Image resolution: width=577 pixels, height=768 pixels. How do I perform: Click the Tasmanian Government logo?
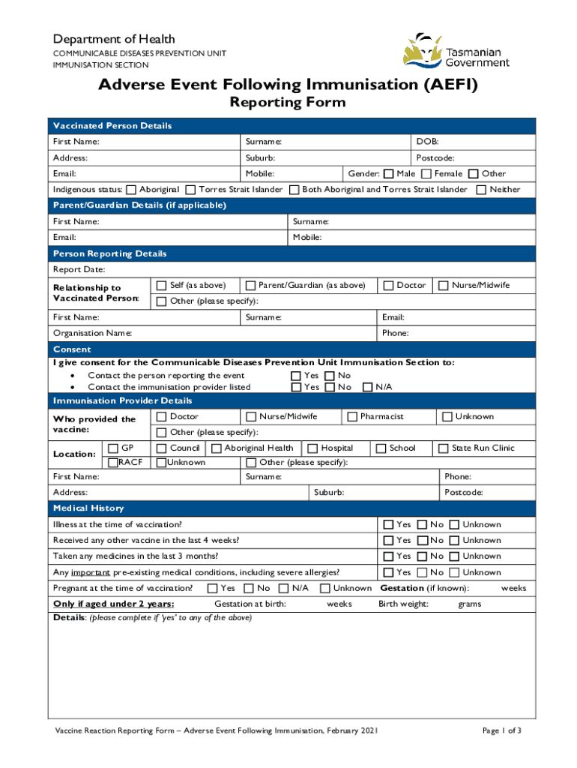(x=456, y=51)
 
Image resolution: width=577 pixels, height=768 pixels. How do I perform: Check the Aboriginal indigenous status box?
(x=132, y=190)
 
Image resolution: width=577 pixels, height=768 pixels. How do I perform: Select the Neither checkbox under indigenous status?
(x=481, y=190)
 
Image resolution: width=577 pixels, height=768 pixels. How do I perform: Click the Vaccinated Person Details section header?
(x=112, y=126)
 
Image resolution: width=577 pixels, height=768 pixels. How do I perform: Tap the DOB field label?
(x=428, y=142)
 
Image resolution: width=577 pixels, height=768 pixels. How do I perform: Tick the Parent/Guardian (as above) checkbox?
(x=250, y=285)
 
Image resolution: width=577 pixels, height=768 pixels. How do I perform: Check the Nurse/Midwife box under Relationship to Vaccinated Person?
(x=444, y=285)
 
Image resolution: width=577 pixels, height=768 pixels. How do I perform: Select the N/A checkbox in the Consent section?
(x=367, y=387)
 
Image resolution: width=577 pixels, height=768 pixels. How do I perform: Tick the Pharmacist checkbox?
(x=352, y=416)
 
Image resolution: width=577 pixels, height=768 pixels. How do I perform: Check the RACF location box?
(x=113, y=462)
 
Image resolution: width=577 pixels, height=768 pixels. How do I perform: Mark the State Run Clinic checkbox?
(x=444, y=448)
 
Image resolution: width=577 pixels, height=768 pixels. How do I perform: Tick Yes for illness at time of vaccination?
(x=388, y=524)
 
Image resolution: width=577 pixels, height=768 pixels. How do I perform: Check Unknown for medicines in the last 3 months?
(x=453, y=556)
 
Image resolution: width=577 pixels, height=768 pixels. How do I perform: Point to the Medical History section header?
(x=88, y=508)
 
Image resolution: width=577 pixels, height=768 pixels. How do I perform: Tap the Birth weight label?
(x=403, y=604)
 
